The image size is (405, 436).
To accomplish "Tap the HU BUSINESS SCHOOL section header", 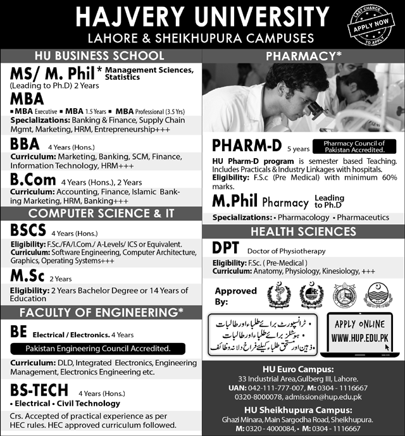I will coord(101,56).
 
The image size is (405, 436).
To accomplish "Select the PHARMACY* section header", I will coord(302,56).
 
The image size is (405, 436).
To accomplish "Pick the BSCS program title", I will coord(28,230).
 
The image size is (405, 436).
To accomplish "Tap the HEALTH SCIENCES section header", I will coord(302,232).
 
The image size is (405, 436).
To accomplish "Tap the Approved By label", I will coord(236,296).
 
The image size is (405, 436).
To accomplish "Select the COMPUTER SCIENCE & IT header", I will coord(101,213).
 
